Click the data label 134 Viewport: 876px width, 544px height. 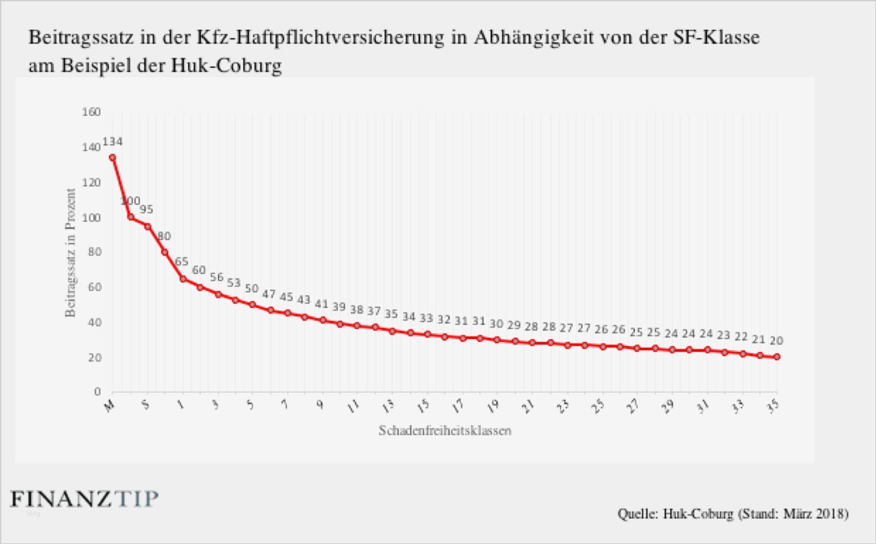(x=112, y=142)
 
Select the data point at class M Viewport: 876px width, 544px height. (x=113, y=157)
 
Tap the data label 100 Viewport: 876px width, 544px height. (x=130, y=201)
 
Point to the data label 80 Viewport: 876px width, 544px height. (x=164, y=236)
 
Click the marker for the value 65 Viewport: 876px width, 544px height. (x=182, y=279)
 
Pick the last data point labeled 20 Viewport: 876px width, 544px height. (x=776, y=357)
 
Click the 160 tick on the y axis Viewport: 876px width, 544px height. (x=90, y=112)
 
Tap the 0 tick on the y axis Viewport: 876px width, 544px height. (x=97, y=392)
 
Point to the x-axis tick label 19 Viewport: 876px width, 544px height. (x=495, y=406)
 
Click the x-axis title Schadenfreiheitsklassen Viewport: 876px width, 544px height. (x=444, y=431)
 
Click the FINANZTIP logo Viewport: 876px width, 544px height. (x=85, y=499)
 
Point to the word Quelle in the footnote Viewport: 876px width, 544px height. (x=636, y=513)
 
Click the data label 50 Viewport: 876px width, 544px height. (x=252, y=288)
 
